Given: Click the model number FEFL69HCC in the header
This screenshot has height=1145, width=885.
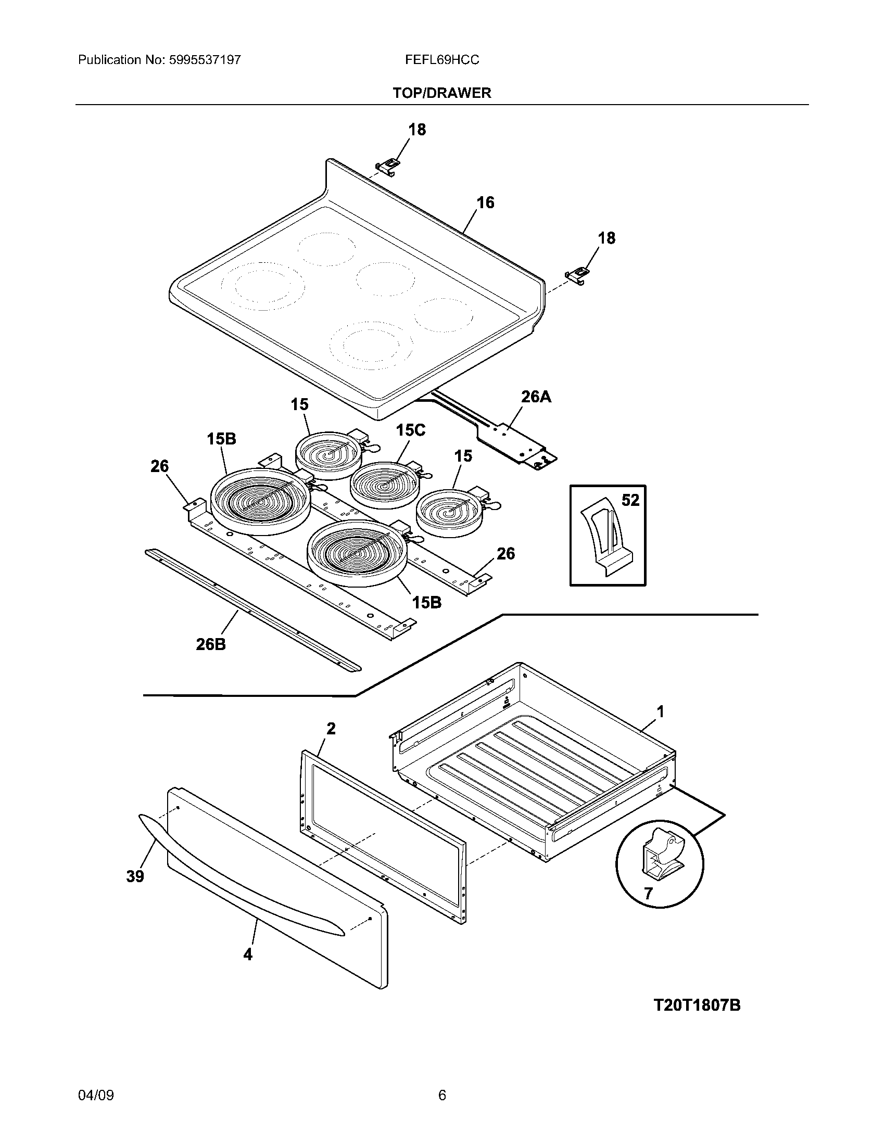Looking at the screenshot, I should click(x=441, y=60).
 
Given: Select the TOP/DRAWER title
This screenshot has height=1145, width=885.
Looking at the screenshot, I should click(x=442, y=93).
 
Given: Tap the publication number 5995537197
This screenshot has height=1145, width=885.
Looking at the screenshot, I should click(x=205, y=60).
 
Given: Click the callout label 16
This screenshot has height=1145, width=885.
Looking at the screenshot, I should click(x=485, y=202).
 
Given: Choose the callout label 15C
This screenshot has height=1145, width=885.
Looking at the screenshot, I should click(x=410, y=430).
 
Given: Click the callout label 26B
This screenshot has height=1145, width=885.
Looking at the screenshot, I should click(x=211, y=644).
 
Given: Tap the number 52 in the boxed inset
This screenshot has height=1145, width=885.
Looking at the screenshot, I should click(x=630, y=500).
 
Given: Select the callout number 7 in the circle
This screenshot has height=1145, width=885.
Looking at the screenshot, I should click(x=648, y=893).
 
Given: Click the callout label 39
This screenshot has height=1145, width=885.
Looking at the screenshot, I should click(x=135, y=876).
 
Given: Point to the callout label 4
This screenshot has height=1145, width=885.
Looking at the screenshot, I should click(x=248, y=955).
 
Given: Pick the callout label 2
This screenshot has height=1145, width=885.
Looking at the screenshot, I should click(x=330, y=728).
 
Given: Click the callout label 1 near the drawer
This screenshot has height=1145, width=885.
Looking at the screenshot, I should click(x=660, y=711).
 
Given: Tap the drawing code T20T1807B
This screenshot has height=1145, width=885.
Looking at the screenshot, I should click(x=697, y=1005).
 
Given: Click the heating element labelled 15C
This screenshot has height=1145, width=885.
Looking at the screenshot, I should click(x=384, y=487).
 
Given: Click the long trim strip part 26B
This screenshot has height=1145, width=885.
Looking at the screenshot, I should click(x=251, y=608).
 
